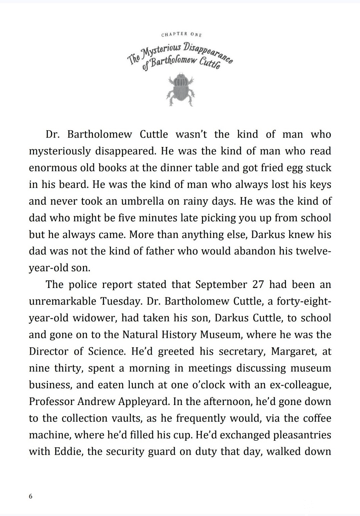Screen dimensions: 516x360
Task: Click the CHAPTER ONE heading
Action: click(x=181, y=34)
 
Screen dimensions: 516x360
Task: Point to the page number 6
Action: click(x=31, y=496)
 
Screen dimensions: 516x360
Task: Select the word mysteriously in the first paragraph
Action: click(x=60, y=151)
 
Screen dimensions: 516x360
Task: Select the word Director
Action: click(x=48, y=351)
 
